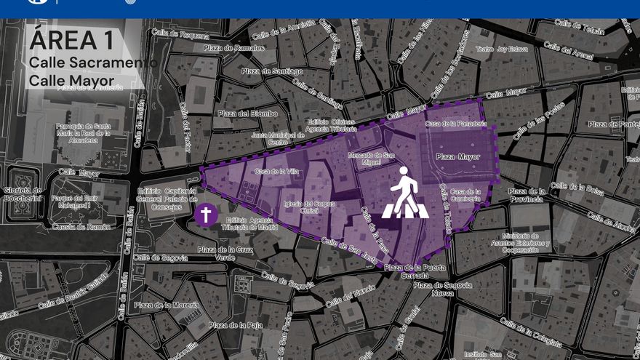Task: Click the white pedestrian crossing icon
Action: point(405,193)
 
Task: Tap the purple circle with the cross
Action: point(206,215)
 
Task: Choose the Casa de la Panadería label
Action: point(455,124)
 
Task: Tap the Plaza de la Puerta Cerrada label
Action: point(413,271)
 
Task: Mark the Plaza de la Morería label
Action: point(167,305)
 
